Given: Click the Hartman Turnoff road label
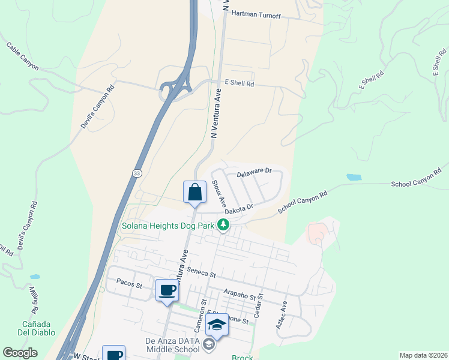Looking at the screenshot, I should coord(256,14).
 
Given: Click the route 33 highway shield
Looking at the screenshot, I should coord(136,173).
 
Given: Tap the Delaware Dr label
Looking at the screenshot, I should coord(254,173).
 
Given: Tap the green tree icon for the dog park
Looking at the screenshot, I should coord(223,226).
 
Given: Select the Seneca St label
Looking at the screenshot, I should coord(201,274).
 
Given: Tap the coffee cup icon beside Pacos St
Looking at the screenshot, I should coord(167,291).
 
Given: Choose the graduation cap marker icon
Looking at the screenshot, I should coord(217,325).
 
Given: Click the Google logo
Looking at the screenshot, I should coord(20,353).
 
